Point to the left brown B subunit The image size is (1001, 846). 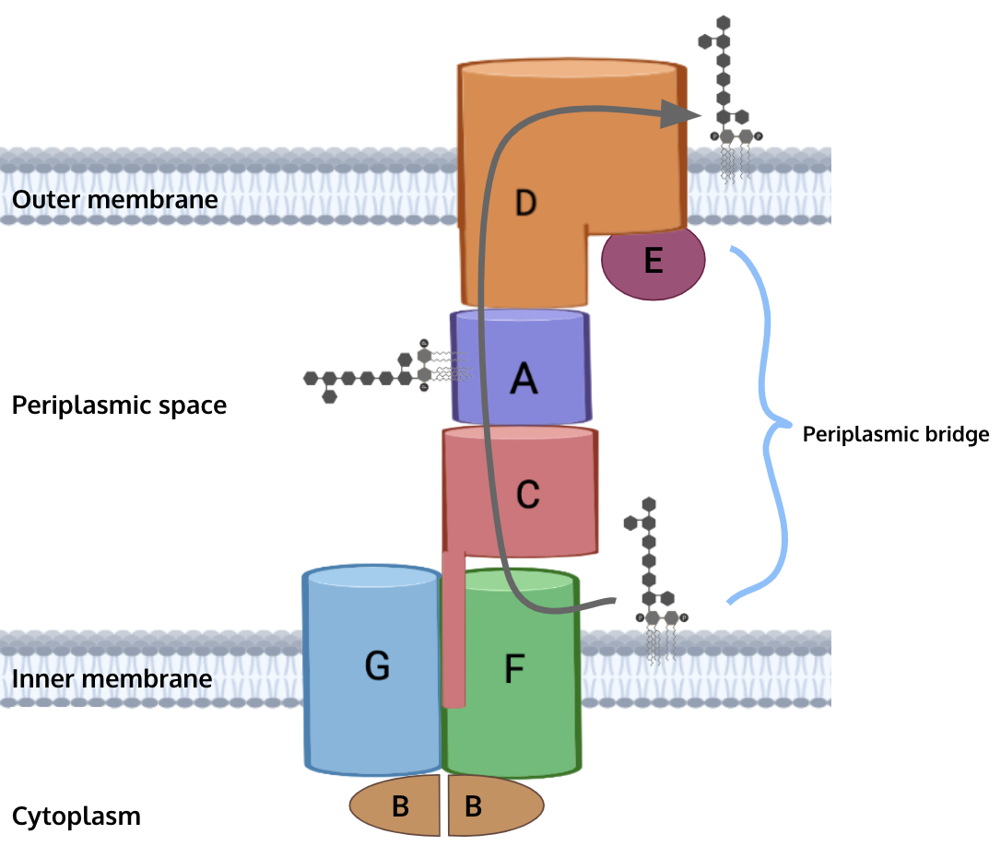tap(397, 806)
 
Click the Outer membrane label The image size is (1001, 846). tap(114, 199)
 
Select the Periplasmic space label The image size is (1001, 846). tap(119, 405)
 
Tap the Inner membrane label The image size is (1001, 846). tap(112, 679)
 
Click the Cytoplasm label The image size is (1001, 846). tap(77, 816)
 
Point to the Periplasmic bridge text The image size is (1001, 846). tap(895, 434)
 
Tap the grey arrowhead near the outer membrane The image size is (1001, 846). tap(682, 113)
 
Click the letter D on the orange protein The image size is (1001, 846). tap(525, 202)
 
